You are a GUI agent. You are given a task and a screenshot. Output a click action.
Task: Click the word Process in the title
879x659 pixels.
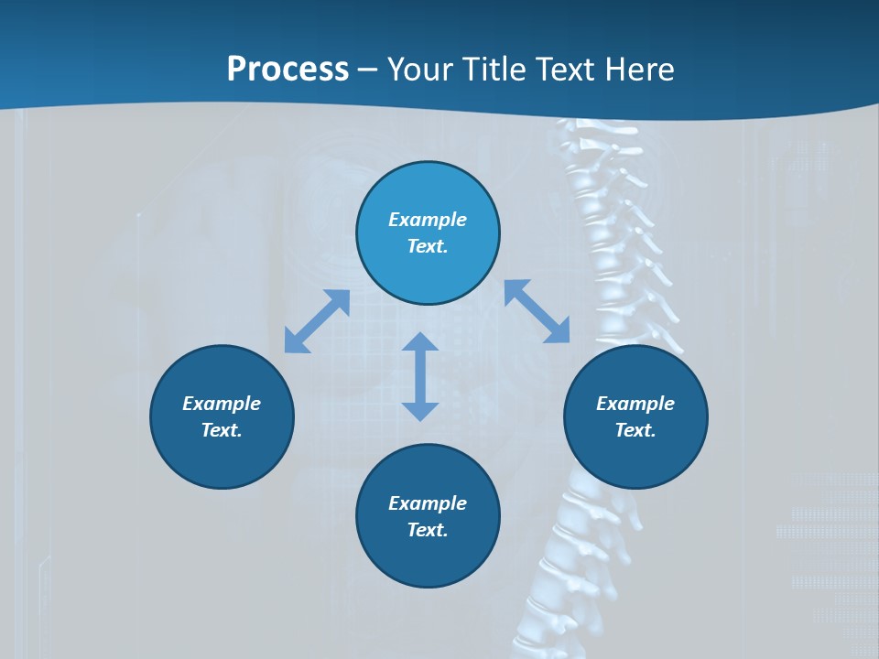point(288,70)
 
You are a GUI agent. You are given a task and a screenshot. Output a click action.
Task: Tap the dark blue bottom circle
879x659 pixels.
point(428,560)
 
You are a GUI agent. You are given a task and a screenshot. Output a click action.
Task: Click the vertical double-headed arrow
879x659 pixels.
point(420,376)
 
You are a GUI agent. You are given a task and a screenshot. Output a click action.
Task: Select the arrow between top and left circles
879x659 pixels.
point(317,321)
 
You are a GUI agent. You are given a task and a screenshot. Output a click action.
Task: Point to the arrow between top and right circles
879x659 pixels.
point(537,311)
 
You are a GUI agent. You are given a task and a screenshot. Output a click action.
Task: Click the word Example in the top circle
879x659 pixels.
point(428,220)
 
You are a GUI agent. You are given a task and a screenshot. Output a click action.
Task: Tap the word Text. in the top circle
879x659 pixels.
point(428,246)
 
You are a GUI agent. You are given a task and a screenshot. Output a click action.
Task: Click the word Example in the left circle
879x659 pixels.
point(222,404)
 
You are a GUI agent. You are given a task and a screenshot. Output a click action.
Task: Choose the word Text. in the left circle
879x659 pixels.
point(222,430)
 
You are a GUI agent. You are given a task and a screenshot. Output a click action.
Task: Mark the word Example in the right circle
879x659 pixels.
point(635,404)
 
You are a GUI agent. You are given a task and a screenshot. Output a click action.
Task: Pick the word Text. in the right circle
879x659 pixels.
point(635,430)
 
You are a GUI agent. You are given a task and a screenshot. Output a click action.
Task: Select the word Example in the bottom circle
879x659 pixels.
point(428,503)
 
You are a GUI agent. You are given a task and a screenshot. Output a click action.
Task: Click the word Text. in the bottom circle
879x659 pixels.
point(428,530)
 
